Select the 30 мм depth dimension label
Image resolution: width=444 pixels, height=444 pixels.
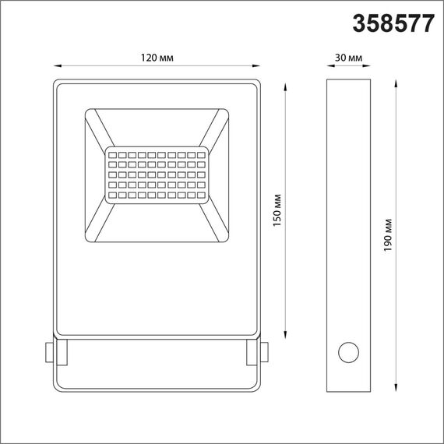[347, 58]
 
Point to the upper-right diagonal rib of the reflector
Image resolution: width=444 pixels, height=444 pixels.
[217, 129]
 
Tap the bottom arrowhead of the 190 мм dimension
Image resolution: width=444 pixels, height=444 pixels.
[398, 389]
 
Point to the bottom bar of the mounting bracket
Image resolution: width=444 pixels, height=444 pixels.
[157, 389]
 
